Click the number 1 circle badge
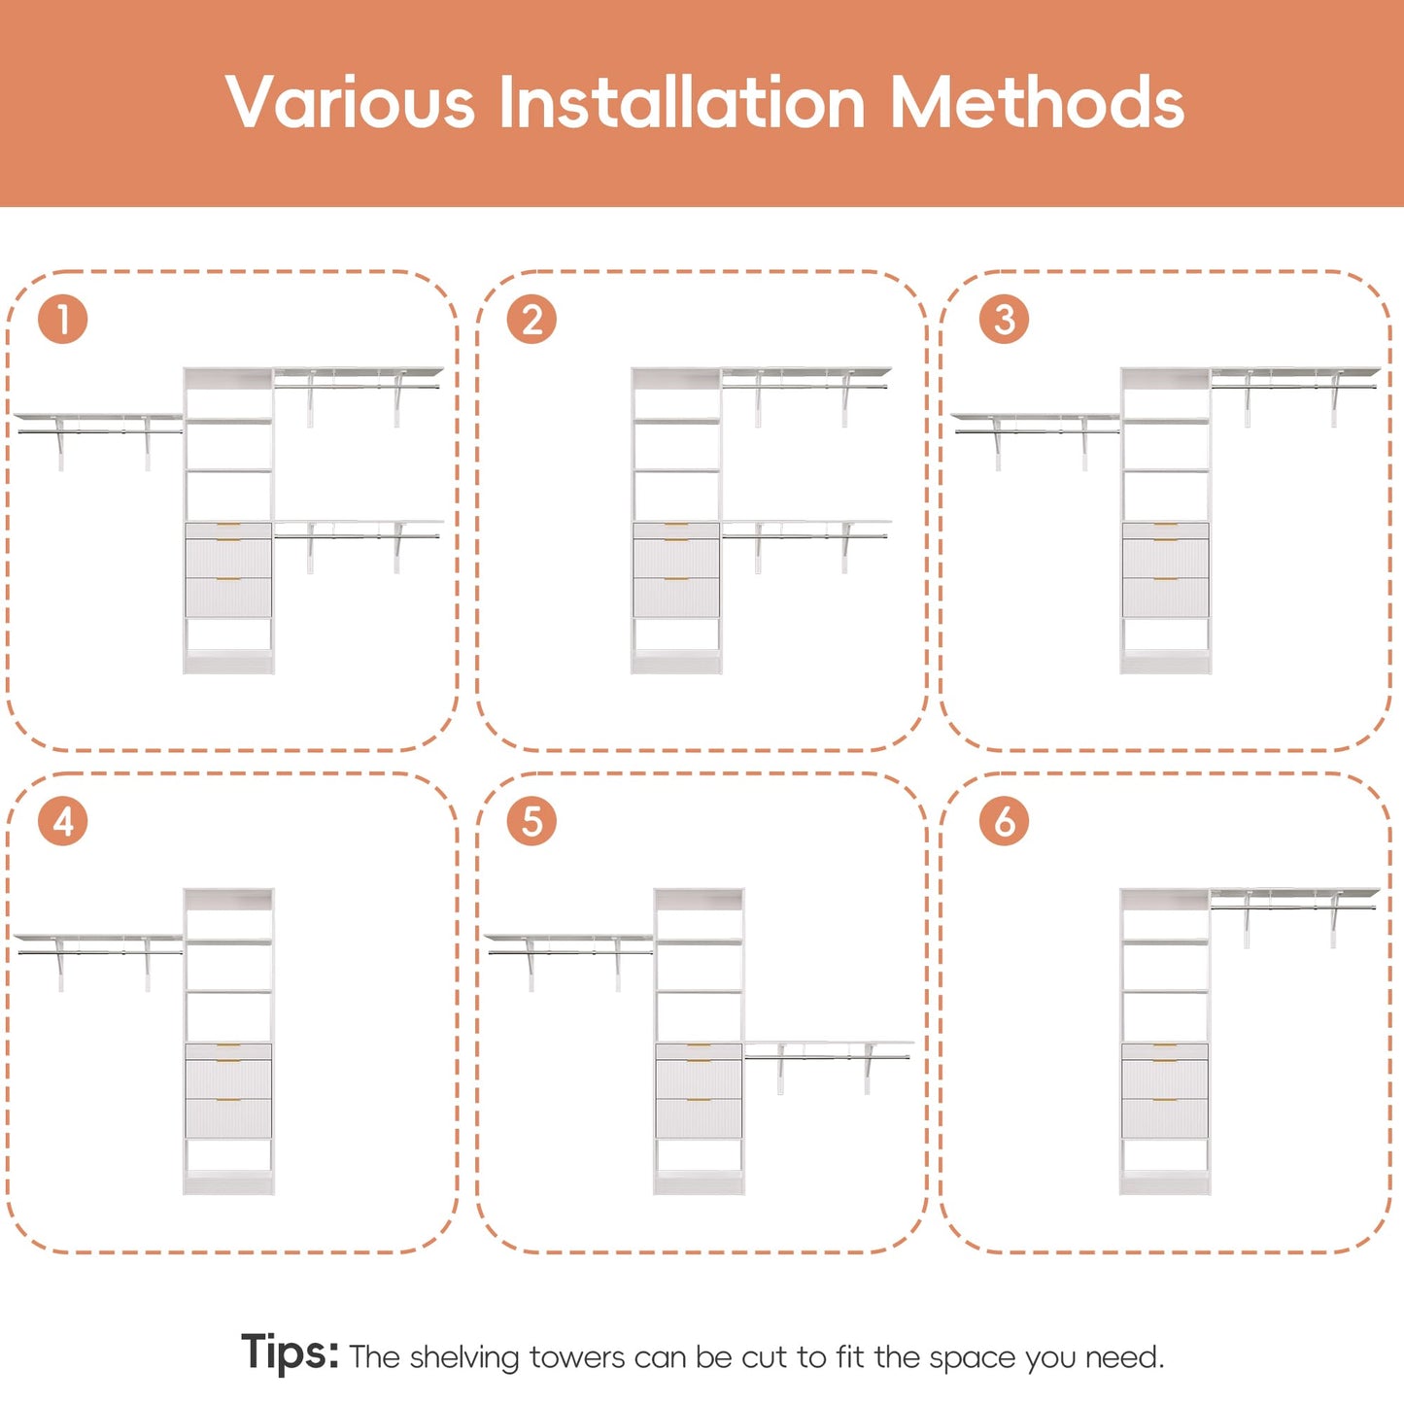coord(62,319)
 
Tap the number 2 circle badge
coord(531,319)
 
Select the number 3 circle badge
coord(1004,319)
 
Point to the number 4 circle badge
coord(62,821)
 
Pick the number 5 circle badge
coord(531,821)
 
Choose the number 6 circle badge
coord(1004,821)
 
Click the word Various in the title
coord(351,102)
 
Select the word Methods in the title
coord(1037,102)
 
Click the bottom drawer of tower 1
coord(228,597)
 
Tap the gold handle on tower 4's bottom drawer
coord(228,1100)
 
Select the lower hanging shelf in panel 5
coord(829,1068)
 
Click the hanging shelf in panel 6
coord(1295,918)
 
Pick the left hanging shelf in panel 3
coord(1035,441)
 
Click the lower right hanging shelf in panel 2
coord(806,546)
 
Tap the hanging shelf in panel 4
coord(97,962)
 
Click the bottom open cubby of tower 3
coord(1165,634)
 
